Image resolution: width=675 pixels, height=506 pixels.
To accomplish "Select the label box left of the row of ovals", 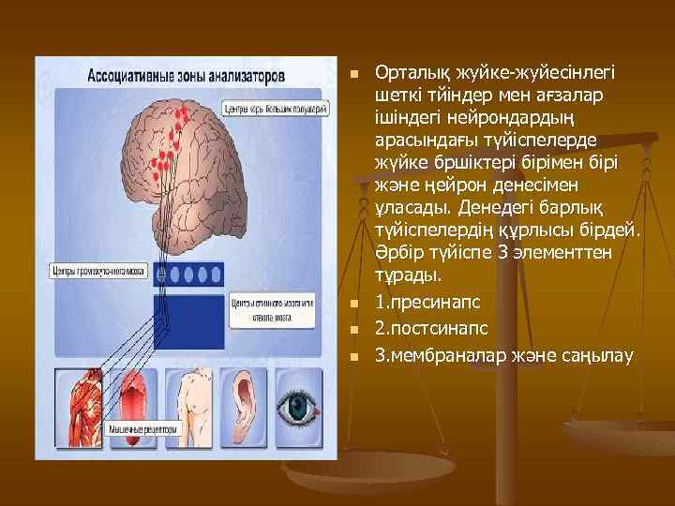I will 101,274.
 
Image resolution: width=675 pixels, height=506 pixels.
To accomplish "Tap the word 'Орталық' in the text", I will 407,72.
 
